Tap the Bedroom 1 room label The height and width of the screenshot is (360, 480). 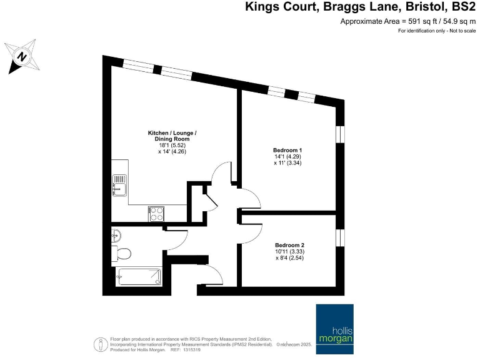pos(287,150)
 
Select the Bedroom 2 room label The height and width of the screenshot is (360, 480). pos(289,244)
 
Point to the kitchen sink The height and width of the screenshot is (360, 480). pos(119,185)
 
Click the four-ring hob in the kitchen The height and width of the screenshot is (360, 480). pos(156,214)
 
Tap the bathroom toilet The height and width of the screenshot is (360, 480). pos(122,254)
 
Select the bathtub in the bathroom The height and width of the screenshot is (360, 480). pos(137,276)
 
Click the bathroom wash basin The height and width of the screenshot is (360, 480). pos(117,236)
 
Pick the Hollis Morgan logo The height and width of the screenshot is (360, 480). pos(334,324)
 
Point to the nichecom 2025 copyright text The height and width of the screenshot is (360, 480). pos(297,344)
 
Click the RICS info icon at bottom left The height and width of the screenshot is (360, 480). pos(99,344)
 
